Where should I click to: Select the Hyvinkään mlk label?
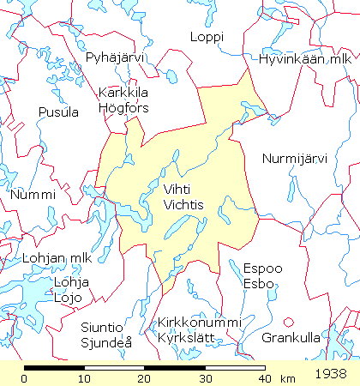click(305, 59)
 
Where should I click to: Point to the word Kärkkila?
click(124, 93)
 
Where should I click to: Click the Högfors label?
click(123, 108)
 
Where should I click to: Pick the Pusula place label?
click(58, 112)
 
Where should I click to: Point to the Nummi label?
click(33, 195)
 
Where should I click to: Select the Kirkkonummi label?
click(199, 322)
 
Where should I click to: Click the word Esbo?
click(258, 283)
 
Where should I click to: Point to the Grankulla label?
click(291, 337)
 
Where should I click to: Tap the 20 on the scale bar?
click(144, 377)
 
